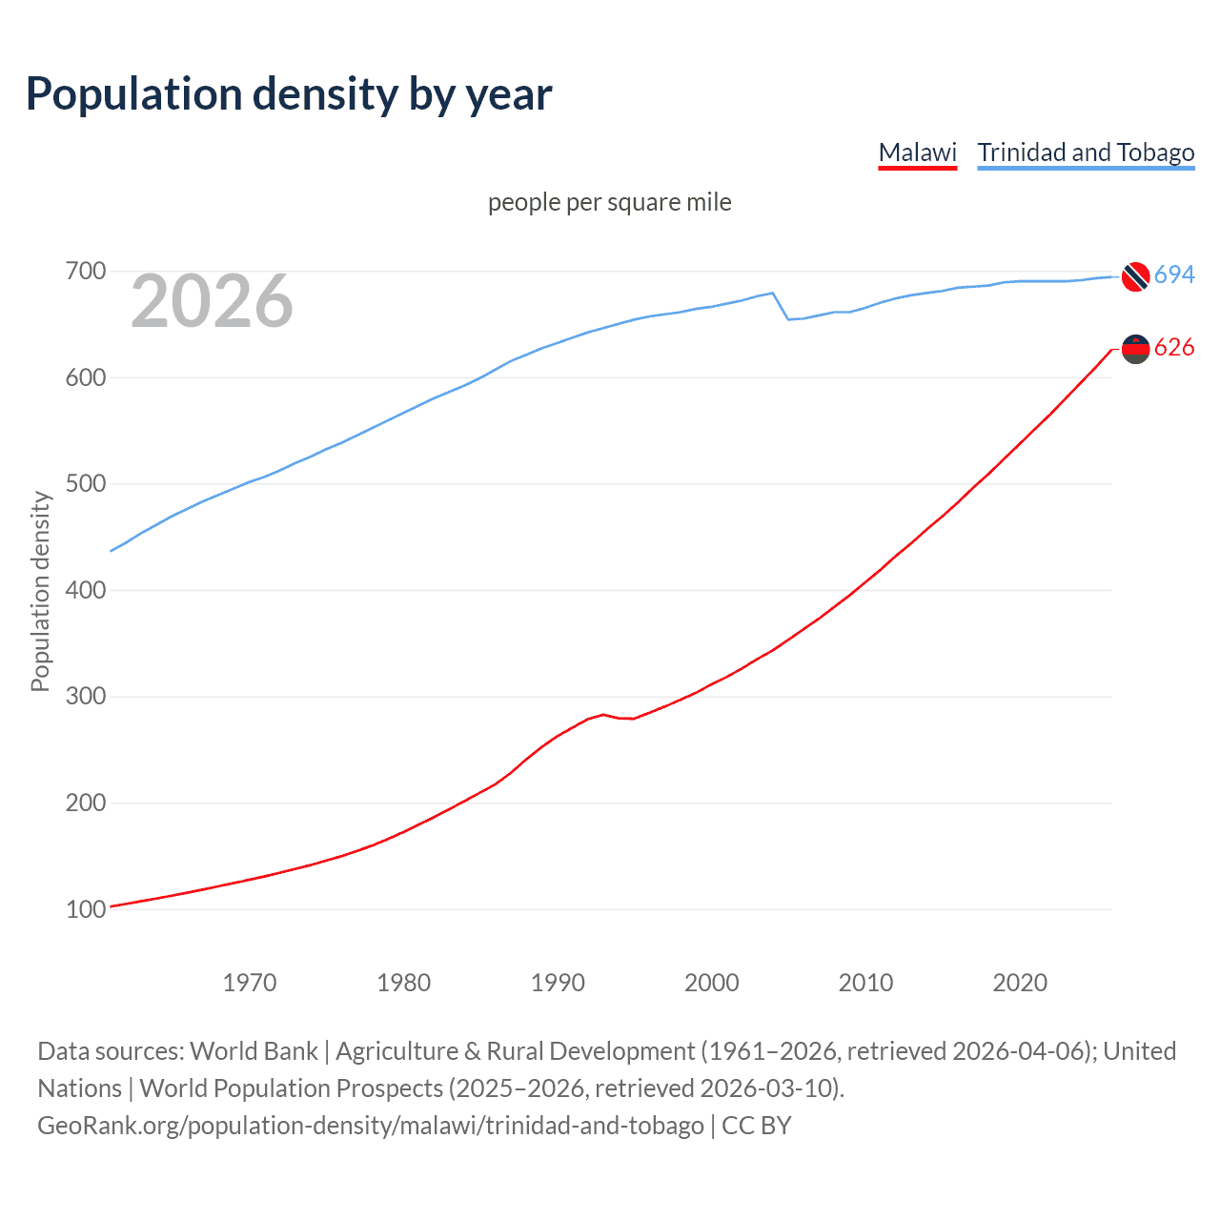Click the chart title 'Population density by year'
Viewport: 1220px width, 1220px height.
pyautogui.click(x=289, y=94)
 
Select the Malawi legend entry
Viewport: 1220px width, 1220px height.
pyautogui.click(x=917, y=152)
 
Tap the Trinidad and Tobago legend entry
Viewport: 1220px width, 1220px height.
pyautogui.click(x=1086, y=152)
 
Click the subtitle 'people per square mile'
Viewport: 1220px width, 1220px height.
pyautogui.click(x=609, y=202)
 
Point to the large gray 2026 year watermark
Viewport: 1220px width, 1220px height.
pyautogui.click(x=212, y=301)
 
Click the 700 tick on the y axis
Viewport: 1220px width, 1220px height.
pyautogui.click(x=85, y=272)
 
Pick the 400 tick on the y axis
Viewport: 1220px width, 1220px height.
pyautogui.click(x=85, y=590)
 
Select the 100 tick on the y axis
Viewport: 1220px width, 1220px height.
pyautogui.click(x=85, y=909)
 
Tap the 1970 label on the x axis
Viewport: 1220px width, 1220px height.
pyautogui.click(x=250, y=983)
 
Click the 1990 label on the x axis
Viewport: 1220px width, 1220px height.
pyautogui.click(x=558, y=983)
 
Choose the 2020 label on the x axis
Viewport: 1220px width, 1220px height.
pyautogui.click(x=1020, y=983)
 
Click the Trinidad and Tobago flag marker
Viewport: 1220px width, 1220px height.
pyautogui.click(x=1135, y=276)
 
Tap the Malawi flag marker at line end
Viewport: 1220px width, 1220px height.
pyautogui.click(x=1135, y=349)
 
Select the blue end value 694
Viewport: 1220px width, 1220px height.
pyautogui.click(x=1174, y=275)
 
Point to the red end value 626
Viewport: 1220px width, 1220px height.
pyautogui.click(x=1174, y=348)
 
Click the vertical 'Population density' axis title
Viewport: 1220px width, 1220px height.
pyautogui.click(x=40, y=591)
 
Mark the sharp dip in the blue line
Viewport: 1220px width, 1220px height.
pyautogui.click(x=788, y=318)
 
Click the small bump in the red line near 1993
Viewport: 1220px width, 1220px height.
pyautogui.click(x=603, y=714)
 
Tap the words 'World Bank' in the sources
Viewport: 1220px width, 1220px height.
pyautogui.click(x=254, y=1050)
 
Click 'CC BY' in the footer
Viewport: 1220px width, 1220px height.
pyautogui.click(x=757, y=1125)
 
